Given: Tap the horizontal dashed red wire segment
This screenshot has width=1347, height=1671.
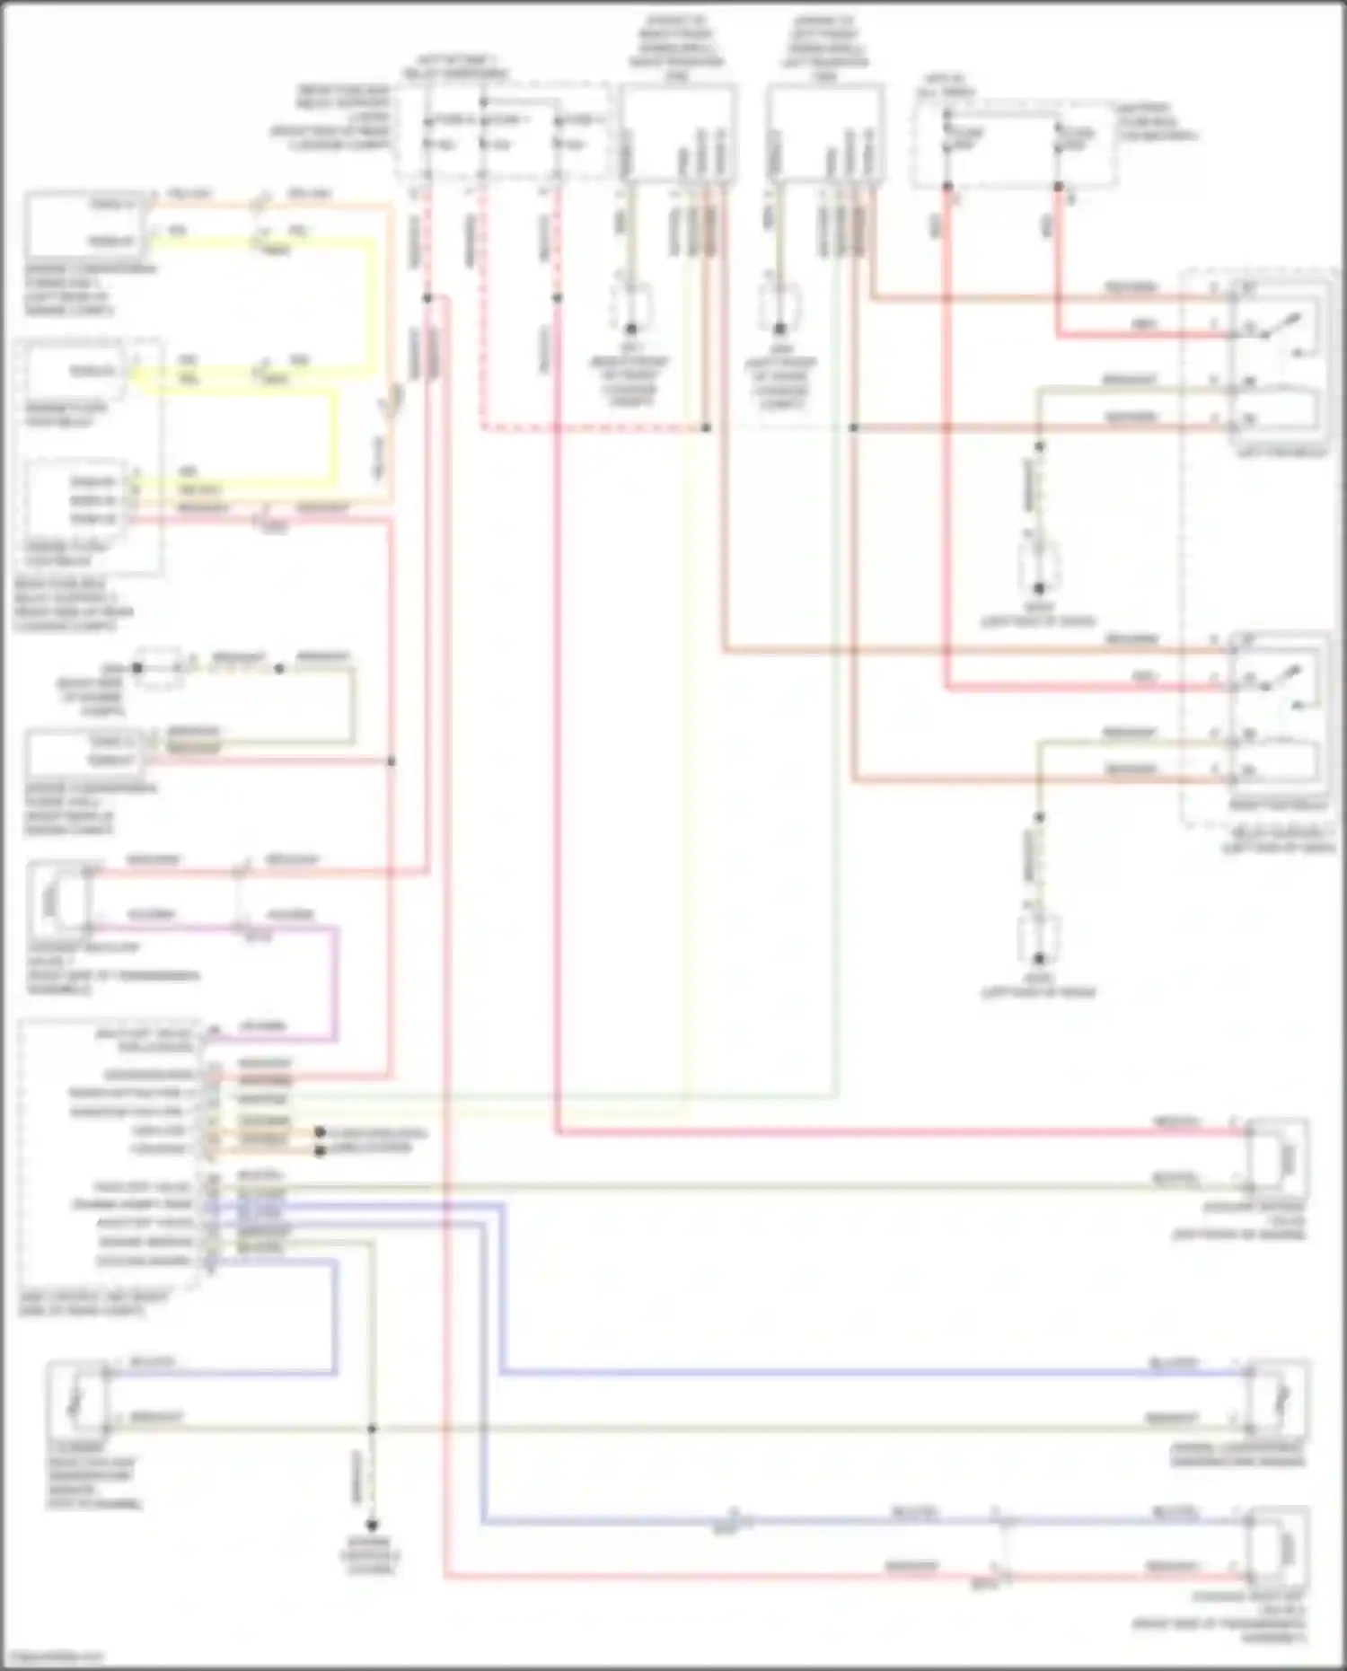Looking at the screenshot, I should (593, 428).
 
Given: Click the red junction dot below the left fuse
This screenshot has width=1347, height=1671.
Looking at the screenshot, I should (946, 187).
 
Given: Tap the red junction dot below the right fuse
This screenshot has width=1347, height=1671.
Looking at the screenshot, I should (1058, 187).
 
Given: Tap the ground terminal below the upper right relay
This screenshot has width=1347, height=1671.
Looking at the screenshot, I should (1039, 588).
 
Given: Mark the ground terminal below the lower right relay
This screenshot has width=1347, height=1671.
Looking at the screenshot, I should (1039, 958).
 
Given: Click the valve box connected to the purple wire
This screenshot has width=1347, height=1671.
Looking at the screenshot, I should (59, 899).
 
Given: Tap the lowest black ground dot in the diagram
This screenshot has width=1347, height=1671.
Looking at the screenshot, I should (372, 1526).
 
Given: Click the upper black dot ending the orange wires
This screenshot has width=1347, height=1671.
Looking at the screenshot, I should (319, 1133).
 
